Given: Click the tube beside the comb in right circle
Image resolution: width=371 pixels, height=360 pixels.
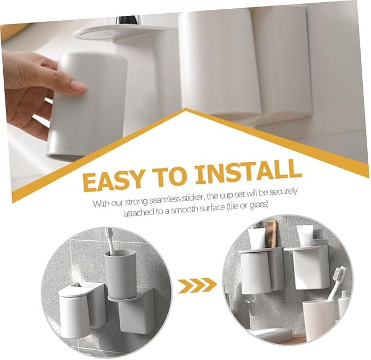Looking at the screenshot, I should point(256,236).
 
